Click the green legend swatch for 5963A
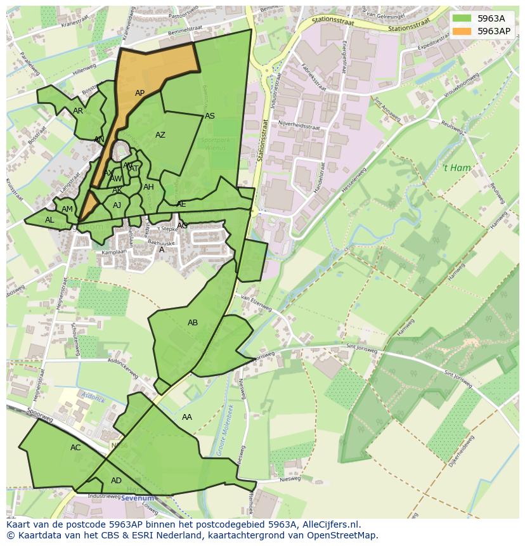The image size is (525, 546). coord(463,18)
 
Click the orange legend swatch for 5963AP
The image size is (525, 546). coord(463,30)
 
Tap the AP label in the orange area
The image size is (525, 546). coord(140,93)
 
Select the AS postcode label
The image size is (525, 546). coord(210,116)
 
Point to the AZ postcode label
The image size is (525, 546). coord(160,135)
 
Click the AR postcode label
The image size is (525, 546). coord(78,111)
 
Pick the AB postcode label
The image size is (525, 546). coord(193,323)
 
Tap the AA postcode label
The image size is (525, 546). coord(187,417)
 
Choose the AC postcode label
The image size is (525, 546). coord(75,448)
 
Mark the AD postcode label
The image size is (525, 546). coord(116,481)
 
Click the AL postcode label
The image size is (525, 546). coord(49,220)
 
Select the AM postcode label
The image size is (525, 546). coord(67,209)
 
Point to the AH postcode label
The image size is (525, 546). coord(148,187)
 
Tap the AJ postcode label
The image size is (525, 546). coord(117,205)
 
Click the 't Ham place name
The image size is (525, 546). coord(456,168)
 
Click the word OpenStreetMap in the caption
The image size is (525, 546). coord(344,535)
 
